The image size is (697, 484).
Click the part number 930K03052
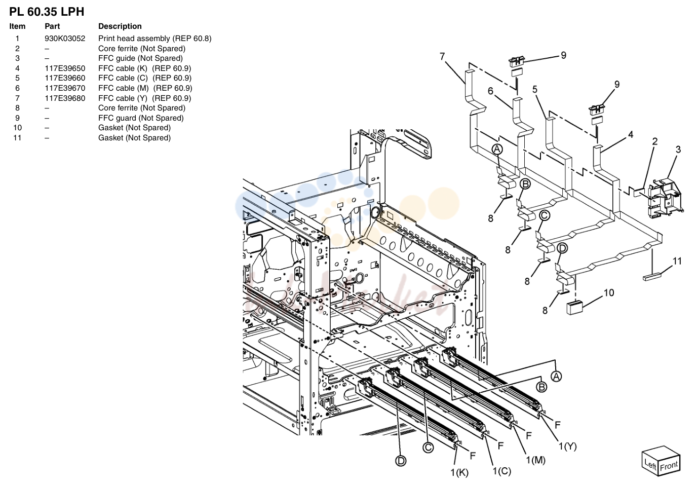(x=65, y=39)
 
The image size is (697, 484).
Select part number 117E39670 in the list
(x=65, y=88)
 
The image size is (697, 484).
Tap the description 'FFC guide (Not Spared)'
(x=140, y=58)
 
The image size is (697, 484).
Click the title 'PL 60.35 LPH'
(x=47, y=12)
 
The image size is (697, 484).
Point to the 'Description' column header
(x=120, y=26)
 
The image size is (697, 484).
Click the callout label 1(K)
(x=459, y=473)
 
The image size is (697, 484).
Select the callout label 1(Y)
(x=567, y=446)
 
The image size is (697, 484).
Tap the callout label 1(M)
(x=535, y=460)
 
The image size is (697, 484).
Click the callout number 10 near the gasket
(x=609, y=292)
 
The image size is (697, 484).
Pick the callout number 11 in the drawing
(x=677, y=261)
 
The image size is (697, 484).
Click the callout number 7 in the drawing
(x=442, y=56)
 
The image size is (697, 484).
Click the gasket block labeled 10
(x=574, y=308)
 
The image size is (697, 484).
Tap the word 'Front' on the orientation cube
(x=669, y=466)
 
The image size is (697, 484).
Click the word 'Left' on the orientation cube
(x=650, y=464)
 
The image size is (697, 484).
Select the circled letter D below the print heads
(x=401, y=461)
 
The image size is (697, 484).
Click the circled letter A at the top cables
(x=497, y=150)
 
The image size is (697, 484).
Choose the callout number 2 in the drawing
(x=654, y=141)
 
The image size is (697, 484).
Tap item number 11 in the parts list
(x=17, y=137)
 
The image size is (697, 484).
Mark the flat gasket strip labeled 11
(x=651, y=277)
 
